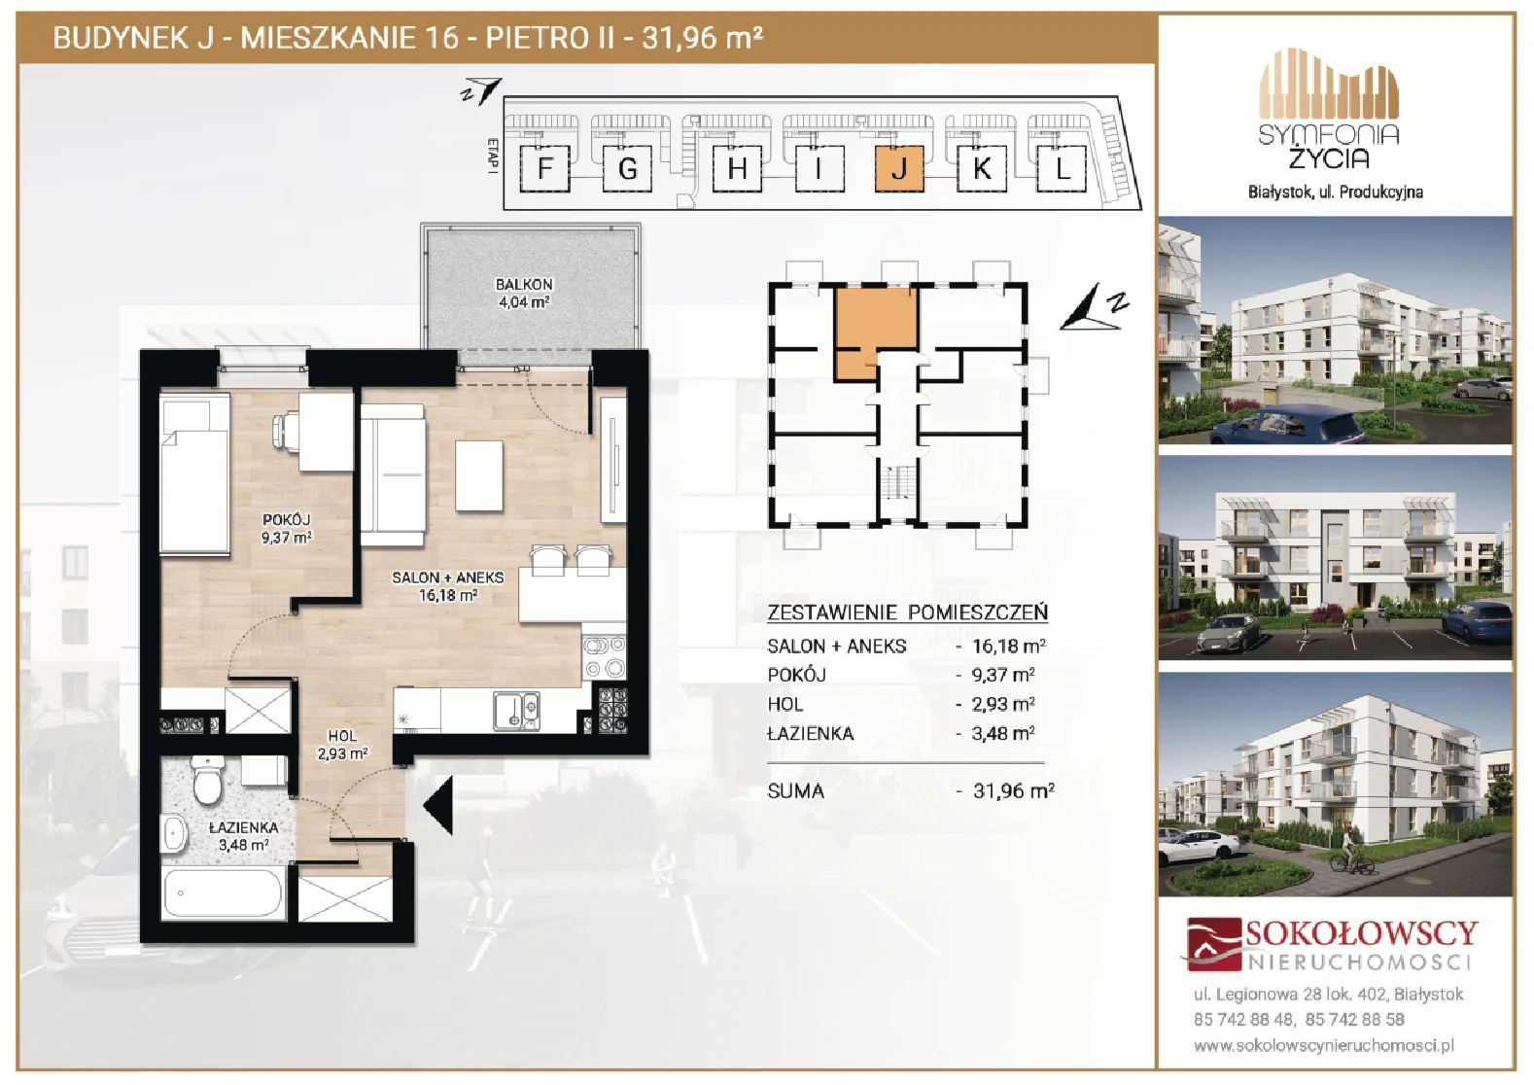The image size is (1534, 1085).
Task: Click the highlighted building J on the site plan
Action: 899,168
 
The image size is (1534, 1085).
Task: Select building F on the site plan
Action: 544,168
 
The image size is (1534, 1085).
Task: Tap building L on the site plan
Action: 1062,168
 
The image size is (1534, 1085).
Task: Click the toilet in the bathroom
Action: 206,780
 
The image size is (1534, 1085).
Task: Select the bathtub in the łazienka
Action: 223,892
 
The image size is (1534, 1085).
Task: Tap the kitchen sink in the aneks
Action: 516,711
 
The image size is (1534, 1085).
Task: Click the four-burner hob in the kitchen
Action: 604,657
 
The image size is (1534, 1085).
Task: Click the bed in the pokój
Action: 194,472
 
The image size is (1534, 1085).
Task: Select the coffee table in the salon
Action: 479,475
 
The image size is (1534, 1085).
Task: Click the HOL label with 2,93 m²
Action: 342,745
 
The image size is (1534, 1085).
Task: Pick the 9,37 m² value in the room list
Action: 1003,675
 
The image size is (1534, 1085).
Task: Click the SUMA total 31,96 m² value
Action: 1014,791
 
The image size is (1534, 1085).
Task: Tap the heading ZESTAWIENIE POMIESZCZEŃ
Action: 907,612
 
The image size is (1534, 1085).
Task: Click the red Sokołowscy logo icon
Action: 1213,945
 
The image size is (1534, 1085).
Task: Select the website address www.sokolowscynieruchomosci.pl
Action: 1324,1046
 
